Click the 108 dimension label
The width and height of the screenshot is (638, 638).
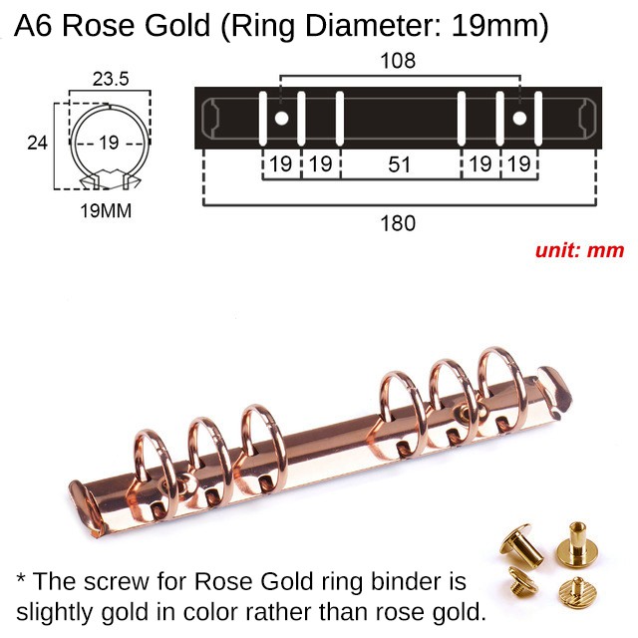coord(399,61)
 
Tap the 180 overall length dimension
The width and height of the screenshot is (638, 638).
coord(398,223)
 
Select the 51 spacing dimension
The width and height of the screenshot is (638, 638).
coord(400,164)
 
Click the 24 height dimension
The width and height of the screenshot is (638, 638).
coord(37,143)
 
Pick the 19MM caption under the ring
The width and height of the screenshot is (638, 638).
coord(106,211)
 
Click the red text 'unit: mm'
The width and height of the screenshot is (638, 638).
coord(579,250)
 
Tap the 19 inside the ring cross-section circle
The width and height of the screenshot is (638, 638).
coord(109,143)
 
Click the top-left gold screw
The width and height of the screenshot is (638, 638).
coord(519,543)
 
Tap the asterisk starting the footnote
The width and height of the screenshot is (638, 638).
coord(22,581)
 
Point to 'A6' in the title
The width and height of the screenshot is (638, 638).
coord(35,27)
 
